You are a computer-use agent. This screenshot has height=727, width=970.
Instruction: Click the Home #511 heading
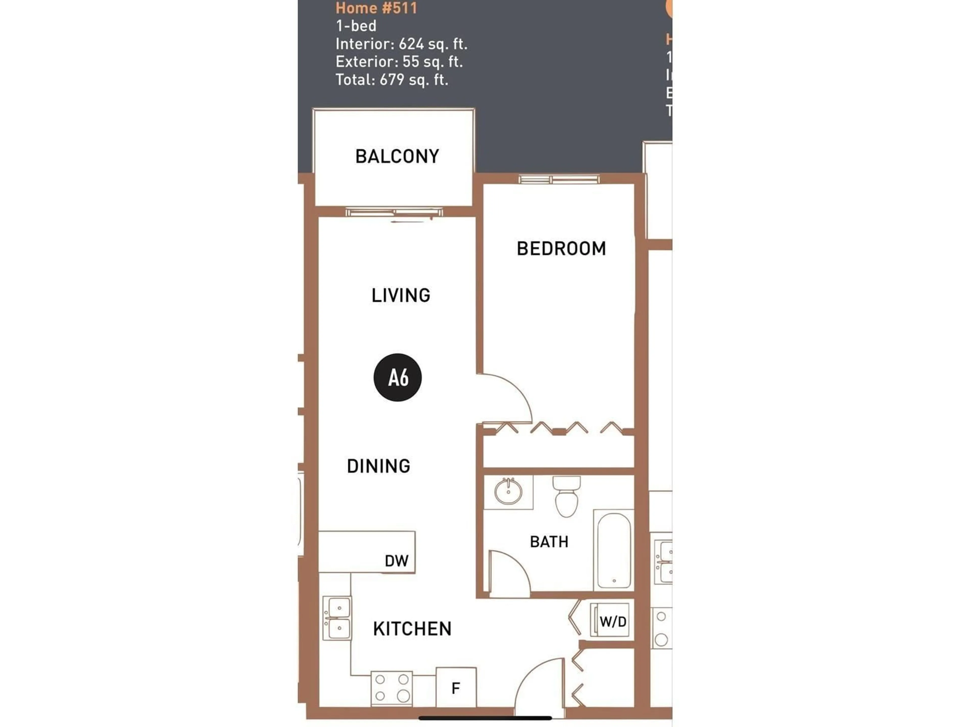(x=376, y=8)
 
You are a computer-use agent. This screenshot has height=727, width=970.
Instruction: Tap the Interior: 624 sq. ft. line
(x=401, y=44)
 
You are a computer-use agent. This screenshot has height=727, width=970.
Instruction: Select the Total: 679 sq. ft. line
(x=392, y=80)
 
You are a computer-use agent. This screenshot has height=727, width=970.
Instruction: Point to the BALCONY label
(x=397, y=157)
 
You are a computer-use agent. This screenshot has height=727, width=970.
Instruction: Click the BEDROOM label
(x=561, y=248)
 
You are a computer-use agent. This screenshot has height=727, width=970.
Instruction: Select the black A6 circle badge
(x=397, y=377)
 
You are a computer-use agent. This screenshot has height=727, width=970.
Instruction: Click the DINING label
(x=378, y=466)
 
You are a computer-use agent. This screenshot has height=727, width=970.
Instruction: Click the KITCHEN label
(x=412, y=629)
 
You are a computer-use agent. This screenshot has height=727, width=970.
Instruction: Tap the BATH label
(x=549, y=542)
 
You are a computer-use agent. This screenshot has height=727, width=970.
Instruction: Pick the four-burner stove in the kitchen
(x=392, y=688)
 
